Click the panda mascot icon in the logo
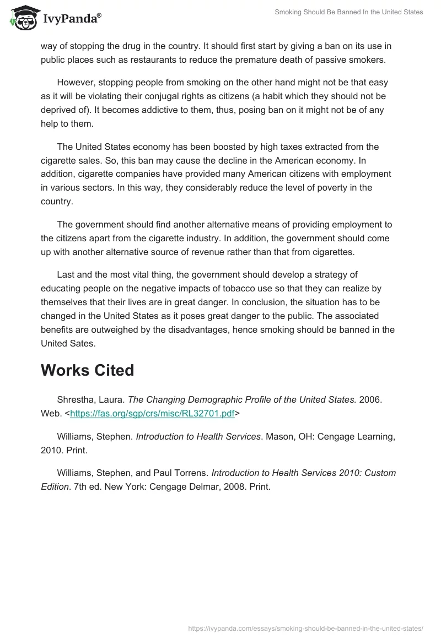(21, 18)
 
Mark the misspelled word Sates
(85, 343)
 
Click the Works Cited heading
(87, 370)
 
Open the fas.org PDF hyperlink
(152, 413)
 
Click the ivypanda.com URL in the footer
(305, 627)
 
